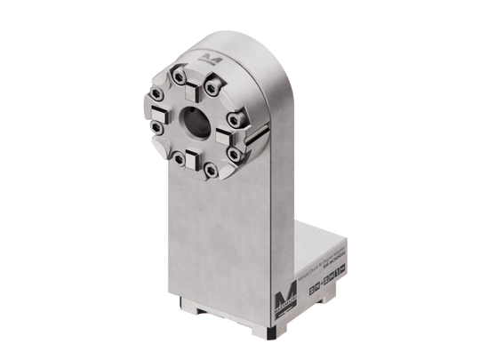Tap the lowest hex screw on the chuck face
210,171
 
